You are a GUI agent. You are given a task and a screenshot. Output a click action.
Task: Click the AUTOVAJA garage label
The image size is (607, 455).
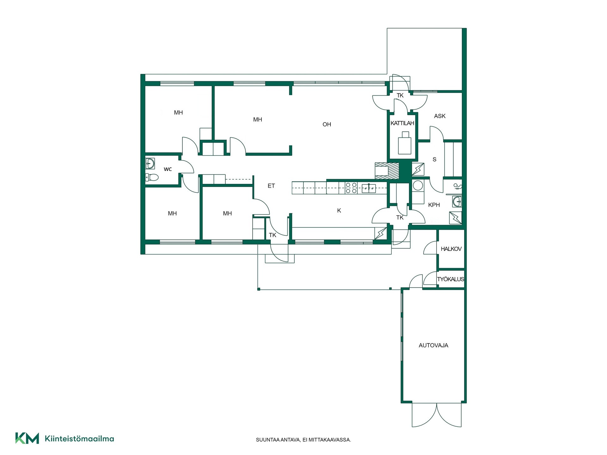pos(433,345)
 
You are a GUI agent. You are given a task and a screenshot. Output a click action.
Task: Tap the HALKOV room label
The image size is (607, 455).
pos(451,249)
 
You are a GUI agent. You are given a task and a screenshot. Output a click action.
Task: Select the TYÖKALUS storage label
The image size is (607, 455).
pos(451,279)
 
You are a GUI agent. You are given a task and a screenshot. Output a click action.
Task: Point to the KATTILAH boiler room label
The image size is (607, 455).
pos(402,123)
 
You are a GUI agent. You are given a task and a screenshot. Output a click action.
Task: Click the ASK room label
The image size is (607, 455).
pos(440,116)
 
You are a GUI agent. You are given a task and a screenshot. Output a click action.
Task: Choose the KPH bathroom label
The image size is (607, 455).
pos(434,205)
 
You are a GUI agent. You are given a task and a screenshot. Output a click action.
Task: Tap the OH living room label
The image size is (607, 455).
pos(327,124)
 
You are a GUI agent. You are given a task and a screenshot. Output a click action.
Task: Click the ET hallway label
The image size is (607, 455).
pos(271,186)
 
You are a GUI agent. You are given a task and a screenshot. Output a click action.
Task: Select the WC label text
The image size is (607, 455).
pos(168,169)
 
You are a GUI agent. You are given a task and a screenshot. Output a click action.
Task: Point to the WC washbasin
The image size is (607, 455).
pos(150,163)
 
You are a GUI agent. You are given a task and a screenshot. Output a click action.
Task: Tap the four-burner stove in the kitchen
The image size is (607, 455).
pos(351,188)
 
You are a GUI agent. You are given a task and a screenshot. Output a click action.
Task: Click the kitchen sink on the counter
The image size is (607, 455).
pos(369,188)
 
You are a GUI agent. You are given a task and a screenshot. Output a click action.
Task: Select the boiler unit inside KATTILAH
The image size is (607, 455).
pos(404,143)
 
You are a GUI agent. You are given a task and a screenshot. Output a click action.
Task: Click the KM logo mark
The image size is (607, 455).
pos(27,438)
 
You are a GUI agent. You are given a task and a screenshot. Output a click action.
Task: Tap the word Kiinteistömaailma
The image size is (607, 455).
pos(79,439)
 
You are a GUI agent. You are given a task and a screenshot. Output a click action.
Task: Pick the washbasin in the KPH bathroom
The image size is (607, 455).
pos(457,201)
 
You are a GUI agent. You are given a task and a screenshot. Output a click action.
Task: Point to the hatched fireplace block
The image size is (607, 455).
pos(387,171)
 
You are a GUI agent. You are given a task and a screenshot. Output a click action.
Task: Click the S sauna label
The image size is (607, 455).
pos(434,160)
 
